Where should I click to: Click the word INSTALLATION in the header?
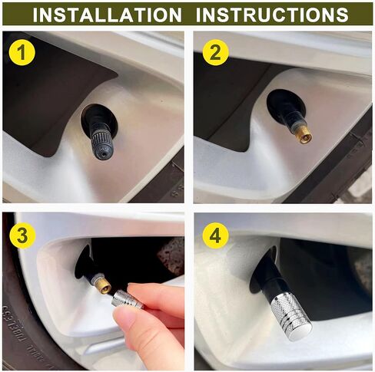click(x=107, y=15)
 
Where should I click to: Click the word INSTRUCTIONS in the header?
click(x=272, y=15)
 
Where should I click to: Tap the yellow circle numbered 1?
click(x=22, y=53)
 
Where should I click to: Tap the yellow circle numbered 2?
click(x=215, y=53)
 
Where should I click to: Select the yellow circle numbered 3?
click(x=22, y=235)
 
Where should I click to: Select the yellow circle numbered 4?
click(x=215, y=235)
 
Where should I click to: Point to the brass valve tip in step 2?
click(x=304, y=135)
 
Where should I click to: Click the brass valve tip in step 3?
click(x=103, y=285)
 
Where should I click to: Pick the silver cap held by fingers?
click(x=128, y=299)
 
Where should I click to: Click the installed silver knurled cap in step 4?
click(x=291, y=318)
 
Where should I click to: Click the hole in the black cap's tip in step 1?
click(x=102, y=155)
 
